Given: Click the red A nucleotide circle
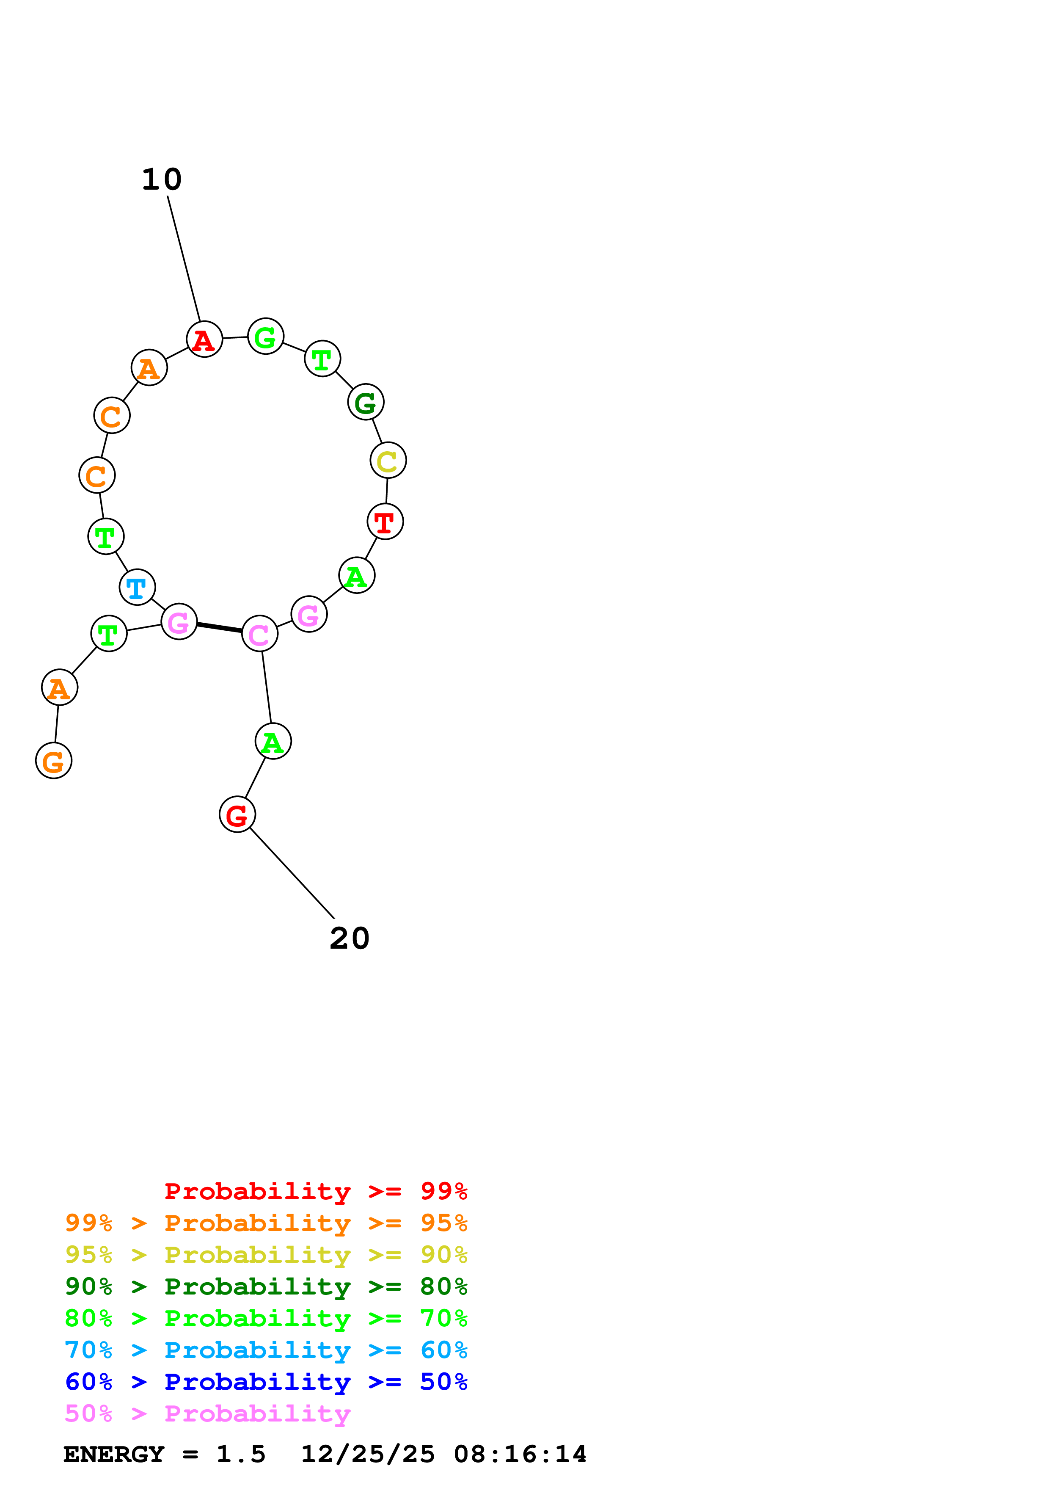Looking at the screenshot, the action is tap(204, 339).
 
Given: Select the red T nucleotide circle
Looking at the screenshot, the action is tap(385, 521).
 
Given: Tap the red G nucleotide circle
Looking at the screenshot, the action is tap(237, 814).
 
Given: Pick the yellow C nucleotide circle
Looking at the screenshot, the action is tap(388, 461).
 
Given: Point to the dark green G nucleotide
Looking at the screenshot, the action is tap(366, 402).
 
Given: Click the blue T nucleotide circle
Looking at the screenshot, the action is tap(137, 587).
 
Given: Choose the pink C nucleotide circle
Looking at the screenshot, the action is tap(260, 634).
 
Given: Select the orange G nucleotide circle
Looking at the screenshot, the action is tap(54, 761).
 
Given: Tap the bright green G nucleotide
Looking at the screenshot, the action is tap(266, 336).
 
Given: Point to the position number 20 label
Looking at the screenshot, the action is tap(350, 938).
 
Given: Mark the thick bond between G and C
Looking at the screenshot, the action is tap(220, 627).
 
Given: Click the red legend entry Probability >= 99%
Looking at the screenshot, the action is tap(316, 1191).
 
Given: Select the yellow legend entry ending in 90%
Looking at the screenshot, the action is tap(266, 1255).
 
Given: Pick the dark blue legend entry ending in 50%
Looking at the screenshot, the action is tap(266, 1382).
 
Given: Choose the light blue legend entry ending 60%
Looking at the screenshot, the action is tap(266, 1350).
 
